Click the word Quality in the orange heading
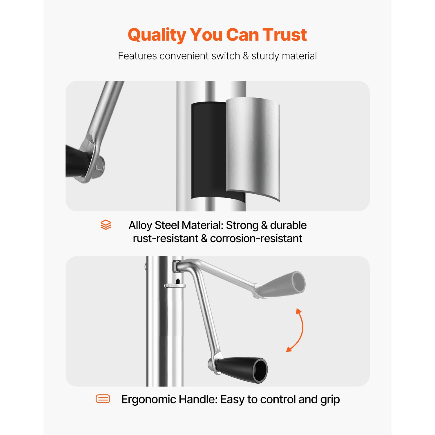pyautogui.click(x=157, y=35)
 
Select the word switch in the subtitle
pyautogui.click(x=226, y=56)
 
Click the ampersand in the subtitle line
pyautogui.click(x=246, y=56)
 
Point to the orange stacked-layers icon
pyautogui.click(x=106, y=225)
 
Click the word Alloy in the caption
pyautogui.click(x=140, y=225)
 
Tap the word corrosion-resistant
pyautogui.click(x=256, y=238)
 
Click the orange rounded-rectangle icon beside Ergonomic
pyautogui.click(x=103, y=399)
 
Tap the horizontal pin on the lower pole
pyautogui.click(x=175, y=286)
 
